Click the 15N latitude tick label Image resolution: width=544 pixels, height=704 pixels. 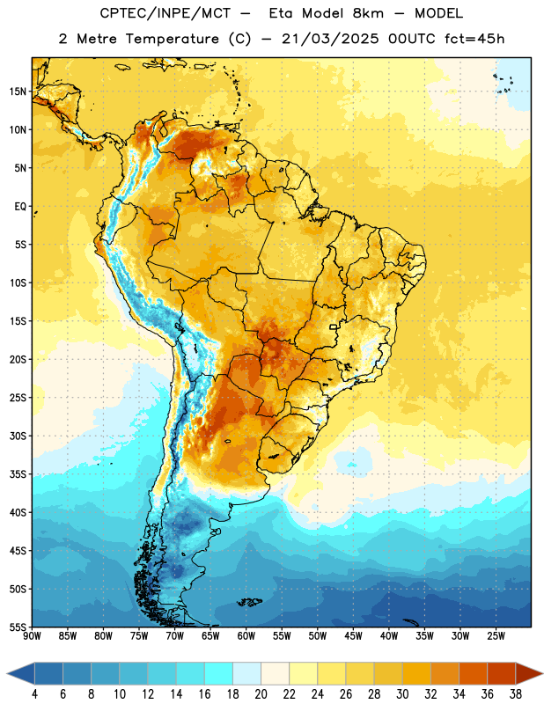(x=18, y=92)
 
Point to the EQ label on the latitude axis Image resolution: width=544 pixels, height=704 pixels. (x=20, y=207)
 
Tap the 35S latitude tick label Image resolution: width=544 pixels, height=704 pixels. (x=18, y=474)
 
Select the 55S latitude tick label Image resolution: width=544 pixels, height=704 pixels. (x=18, y=627)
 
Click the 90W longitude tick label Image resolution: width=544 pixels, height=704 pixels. (x=32, y=636)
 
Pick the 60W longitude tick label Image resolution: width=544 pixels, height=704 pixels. (x=246, y=636)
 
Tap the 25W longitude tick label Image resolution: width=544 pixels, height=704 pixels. (x=496, y=636)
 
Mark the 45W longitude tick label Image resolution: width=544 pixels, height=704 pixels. (x=353, y=636)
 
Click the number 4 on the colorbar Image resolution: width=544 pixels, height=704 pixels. (x=34, y=694)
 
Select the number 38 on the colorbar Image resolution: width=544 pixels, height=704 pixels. (x=516, y=694)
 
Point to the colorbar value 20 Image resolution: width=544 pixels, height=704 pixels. (x=261, y=694)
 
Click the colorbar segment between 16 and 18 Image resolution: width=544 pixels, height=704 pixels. (x=219, y=674)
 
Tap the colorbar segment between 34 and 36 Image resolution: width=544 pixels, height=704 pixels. (x=474, y=674)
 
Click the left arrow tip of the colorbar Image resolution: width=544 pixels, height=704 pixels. (x=8, y=674)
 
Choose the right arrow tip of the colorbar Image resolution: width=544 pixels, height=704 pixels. (x=542, y=674)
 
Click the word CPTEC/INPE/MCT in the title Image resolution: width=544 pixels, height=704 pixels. (x=165, y=13)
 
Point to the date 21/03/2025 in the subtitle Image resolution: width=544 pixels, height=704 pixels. (x=330, y=39)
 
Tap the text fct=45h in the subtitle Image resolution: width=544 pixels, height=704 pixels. (x=474, y=39)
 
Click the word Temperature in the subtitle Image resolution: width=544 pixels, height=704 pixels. (x=172, y=39)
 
